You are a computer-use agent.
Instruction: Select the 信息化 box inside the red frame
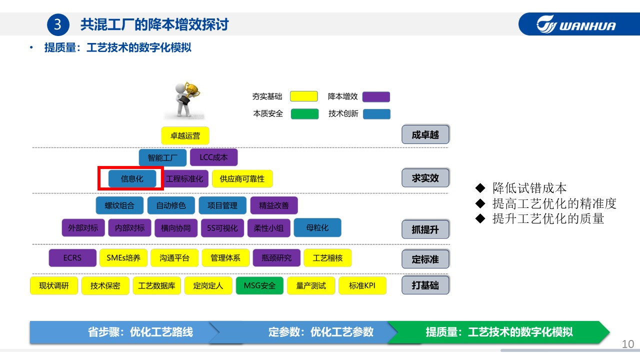132,178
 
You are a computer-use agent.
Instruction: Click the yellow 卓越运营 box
185,135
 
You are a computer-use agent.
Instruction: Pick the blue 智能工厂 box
162,157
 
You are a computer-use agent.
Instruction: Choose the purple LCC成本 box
213,157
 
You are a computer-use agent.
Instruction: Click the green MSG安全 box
259,285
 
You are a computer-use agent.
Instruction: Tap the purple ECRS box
72,258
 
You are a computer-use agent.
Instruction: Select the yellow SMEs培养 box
123,258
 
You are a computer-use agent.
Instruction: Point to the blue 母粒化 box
317,227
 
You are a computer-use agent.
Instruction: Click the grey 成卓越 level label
425,134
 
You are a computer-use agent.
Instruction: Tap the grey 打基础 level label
425,285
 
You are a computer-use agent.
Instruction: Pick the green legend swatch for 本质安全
304,113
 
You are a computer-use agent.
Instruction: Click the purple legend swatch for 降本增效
376,96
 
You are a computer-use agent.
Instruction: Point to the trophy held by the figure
193,90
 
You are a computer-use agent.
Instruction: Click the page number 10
627,344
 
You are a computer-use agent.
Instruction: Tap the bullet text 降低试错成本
529,188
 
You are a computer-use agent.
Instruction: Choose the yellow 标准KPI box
362,285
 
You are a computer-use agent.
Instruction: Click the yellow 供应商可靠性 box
242,178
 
